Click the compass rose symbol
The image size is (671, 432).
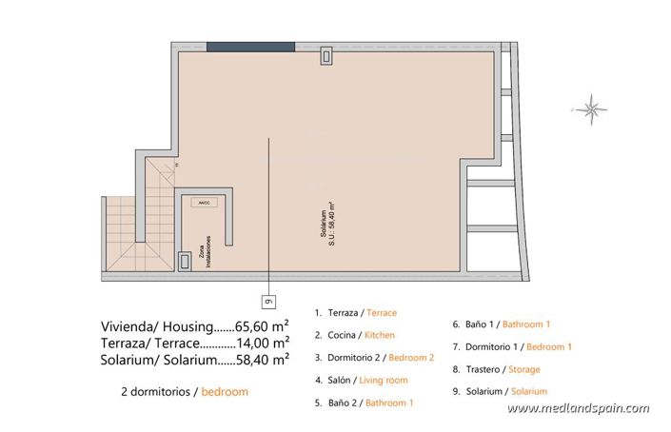tap(593, 108)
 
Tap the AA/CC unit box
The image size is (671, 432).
tap(203, 203)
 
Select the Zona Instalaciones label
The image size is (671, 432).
tap(202, 251)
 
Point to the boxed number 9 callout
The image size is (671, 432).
tap(268, 302)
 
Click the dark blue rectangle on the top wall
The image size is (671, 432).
tap(250, 47)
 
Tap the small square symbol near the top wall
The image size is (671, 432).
tap(326, 56)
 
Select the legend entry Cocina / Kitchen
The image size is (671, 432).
tap(354, 335)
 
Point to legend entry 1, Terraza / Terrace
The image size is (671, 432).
tap(355, 312)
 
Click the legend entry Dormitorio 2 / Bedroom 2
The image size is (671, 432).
tap(374, 358)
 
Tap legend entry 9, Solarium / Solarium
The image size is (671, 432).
tap(500, 391)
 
